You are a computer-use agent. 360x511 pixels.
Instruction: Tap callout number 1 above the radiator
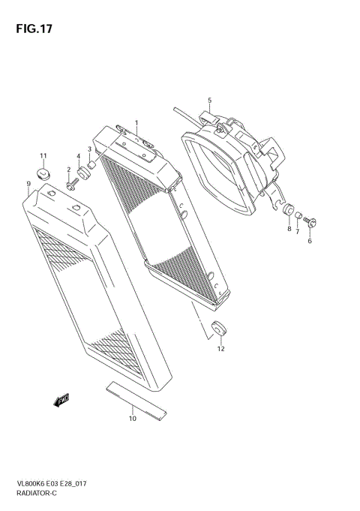pyautogui.click(x=136, y=122)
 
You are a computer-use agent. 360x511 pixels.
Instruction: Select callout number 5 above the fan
pyautogui.click(x=210, y=101)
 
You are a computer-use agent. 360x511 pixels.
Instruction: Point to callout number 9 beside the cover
pyautogui.click(x=28, y=183)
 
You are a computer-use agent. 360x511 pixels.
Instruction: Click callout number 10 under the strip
pyautogui.click(x=133, y=419)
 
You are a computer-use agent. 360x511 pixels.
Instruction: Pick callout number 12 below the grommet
pyautogui.click(x=221, y=348)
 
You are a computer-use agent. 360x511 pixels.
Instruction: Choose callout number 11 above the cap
pyautogui.click(x=43, y=156)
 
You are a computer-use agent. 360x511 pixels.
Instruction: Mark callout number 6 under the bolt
pyautogui.click(x=309, y=241)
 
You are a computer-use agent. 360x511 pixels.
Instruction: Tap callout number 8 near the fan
pyautogui.click(x=289, y=229)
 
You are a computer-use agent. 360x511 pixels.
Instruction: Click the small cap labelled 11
pyautogui.click(x=44, y=175)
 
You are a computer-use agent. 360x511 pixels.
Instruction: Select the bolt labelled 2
pyautogui.click(x=71, y=185)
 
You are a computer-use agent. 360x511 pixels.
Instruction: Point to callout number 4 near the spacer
pyautogui.click(x=78, y=155)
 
